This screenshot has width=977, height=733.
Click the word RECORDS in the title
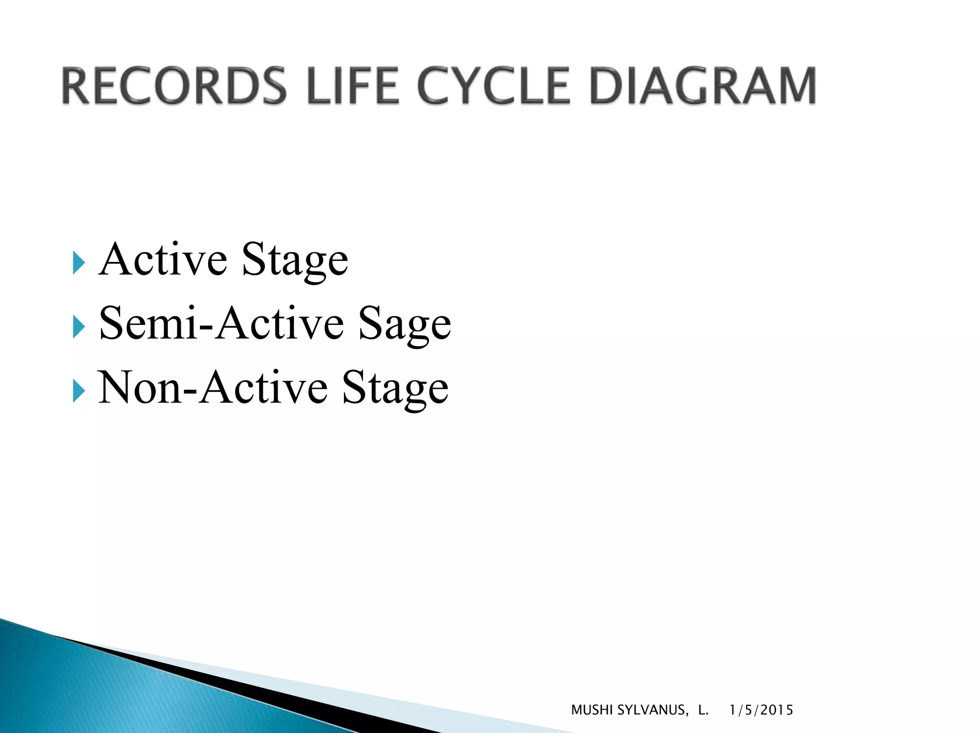[x=174, y=86]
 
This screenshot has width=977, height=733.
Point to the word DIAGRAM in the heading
[x=703, y=86]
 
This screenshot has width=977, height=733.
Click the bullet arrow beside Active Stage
[x=79, y=263]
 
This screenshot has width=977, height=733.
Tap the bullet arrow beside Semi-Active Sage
[x=79, y=327]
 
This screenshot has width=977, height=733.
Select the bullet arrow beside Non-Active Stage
[x=79, y=391]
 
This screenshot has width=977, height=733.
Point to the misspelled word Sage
[x=405, y=325]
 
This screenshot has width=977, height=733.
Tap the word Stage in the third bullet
[x=395, y=389]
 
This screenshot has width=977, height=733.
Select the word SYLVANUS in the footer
[x=653, y=710]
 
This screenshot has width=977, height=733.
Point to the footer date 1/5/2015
[x=761, y=710]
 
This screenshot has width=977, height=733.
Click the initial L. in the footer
[x=703, y=710]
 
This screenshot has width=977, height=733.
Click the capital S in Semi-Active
[x=111, y=324]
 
